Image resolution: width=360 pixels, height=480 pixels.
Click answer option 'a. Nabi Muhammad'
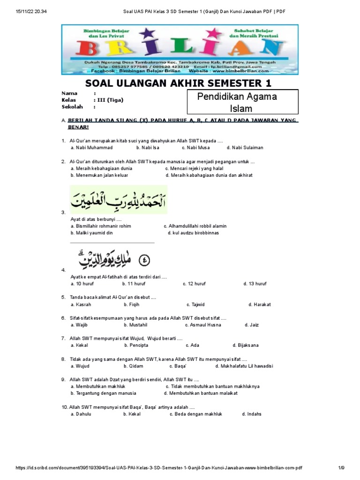[91, 148]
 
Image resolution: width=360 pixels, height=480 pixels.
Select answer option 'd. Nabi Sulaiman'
[245, 148]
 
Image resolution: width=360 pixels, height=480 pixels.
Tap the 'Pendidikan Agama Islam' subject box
[243, 103]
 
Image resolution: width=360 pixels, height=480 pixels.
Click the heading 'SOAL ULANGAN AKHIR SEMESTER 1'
[178, 84]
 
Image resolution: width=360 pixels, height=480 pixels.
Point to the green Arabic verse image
[118, 199]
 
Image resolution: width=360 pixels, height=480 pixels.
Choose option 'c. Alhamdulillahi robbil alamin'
[195, 226]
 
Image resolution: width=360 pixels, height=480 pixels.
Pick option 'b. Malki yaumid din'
[91, 233]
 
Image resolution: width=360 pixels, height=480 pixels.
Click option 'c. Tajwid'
[196, 305]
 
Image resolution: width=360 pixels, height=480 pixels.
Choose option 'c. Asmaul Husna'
[203, 325]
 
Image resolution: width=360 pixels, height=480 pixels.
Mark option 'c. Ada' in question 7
[192, 345]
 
